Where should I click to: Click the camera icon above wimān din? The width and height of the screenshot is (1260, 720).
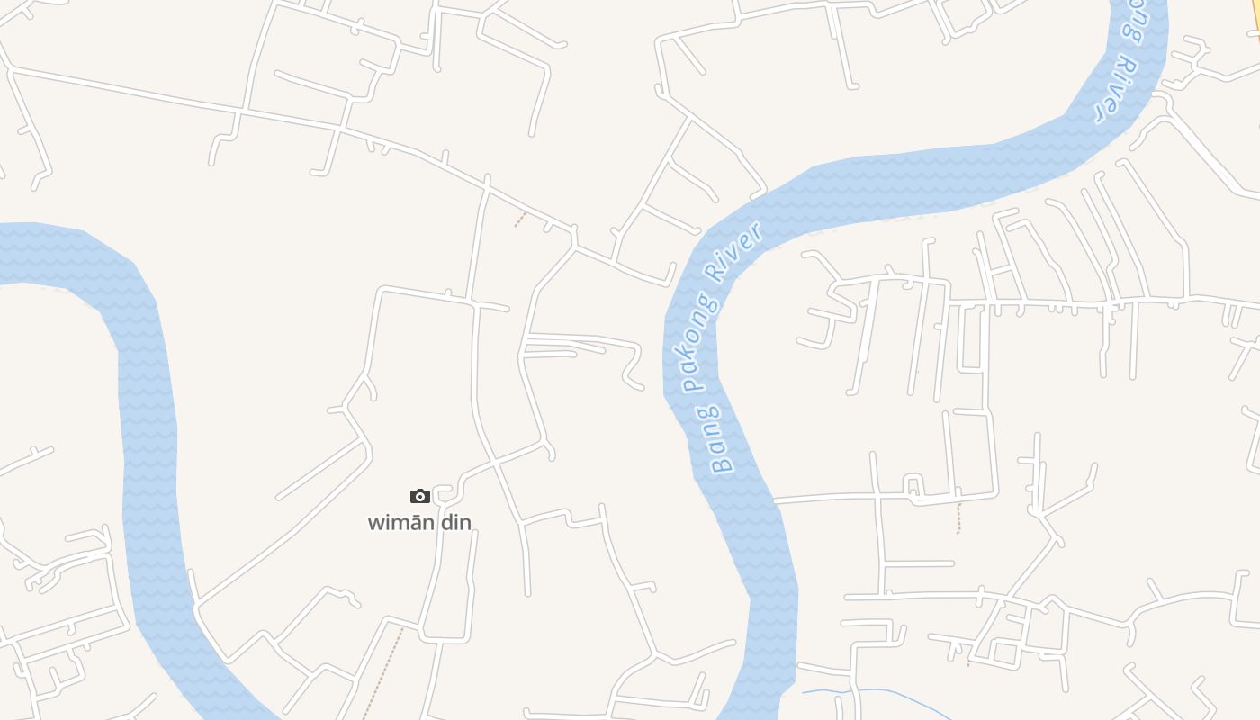click(x=419, y=496)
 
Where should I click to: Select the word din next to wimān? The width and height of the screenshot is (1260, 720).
click(x=455, y=522)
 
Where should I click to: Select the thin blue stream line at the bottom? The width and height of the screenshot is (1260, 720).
click(x=855, y=691)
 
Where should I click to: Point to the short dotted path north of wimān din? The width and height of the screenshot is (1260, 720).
click(x=520, y=219)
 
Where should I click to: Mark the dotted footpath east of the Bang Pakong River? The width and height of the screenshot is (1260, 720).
click(x=958, y=518)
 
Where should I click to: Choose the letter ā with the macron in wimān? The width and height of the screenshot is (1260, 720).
click(x=415, y=522)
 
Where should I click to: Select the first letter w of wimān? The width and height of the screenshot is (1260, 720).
click(x=375, y=523)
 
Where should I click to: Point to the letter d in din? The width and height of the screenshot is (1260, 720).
click(x=445, y=522)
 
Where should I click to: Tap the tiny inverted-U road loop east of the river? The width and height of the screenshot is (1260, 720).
click(x=914, y=486)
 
